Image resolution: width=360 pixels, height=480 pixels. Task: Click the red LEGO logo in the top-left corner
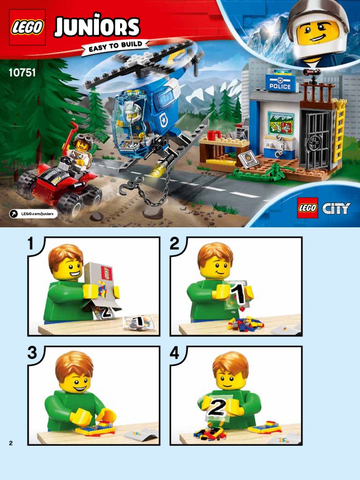click(x=27, y=27)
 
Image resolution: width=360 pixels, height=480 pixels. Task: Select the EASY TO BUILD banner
click(x=115, y=47)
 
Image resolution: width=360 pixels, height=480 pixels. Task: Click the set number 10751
click(x=22, y=73)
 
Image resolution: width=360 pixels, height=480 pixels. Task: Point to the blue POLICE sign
click(x=280, y=83)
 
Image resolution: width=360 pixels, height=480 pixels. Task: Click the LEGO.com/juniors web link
click(x=33, y=214)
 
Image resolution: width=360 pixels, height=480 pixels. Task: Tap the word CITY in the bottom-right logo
click(x=336, y=209)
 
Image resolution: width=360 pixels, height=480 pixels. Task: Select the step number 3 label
click(x=32, y=353)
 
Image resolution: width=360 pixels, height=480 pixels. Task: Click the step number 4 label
click(x=174, y=353)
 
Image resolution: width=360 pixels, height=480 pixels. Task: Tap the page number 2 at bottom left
click(x=11, y=443)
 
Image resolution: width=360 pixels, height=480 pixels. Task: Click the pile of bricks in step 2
click(x=245, y=323)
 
